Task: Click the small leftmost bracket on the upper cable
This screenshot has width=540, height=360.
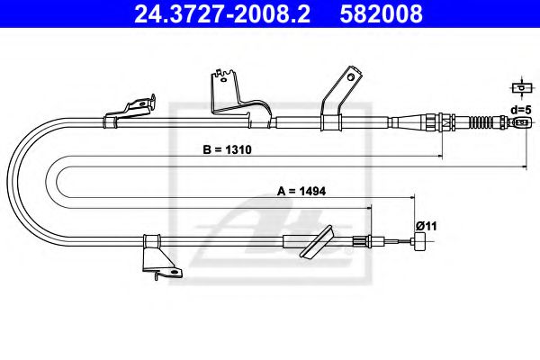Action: coord(131,109)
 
